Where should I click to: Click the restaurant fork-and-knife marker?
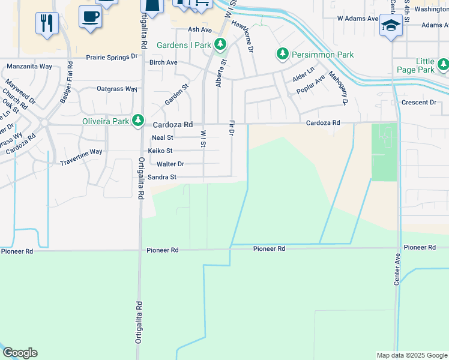(x=47, y=23)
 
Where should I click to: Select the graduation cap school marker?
(x=390, y=26)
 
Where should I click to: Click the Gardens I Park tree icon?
(x=220, y=44)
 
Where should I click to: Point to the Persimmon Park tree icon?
(x=282, y=55)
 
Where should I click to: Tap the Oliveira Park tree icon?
(x=138, y=121)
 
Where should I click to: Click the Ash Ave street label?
(x=200, y=29)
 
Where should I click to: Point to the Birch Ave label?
(x=163, y=62)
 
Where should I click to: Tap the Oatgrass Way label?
(x=118, y=89)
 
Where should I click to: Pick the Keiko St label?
(x=161, y=151)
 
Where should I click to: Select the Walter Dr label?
(x=170, y=164)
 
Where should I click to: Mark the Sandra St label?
(x=162, y=177)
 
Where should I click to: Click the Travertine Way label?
(x=81, y=152)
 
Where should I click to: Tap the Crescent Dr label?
(x=419, y=103)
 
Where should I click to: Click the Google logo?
(x=20, y=353)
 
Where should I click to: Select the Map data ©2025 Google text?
(x=411, y=355)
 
